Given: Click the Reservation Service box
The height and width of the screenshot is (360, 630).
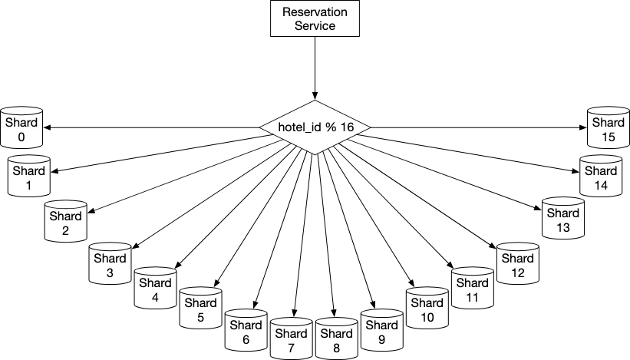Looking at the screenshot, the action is tap(315, 18).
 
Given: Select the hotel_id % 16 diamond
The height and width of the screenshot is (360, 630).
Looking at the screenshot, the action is tap(315, 127).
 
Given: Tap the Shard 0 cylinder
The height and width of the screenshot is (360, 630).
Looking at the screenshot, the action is tap(21, 127).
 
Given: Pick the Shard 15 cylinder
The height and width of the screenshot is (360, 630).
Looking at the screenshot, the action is tap(609, 127).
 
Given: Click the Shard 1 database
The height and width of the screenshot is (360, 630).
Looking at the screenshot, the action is tap(29, 176).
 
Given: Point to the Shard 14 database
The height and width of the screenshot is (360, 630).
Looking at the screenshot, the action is tap(601, 176).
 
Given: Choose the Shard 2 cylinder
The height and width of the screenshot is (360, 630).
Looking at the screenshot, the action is tap(65, 221).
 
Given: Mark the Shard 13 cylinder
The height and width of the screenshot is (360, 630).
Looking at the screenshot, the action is tap(563, 218).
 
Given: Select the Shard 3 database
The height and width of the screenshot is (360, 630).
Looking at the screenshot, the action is tap(110, 263).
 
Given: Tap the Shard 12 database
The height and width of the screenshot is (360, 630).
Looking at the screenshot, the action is tap(517, 263).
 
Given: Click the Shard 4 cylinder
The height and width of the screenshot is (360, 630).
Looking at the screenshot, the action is tap(155, 288).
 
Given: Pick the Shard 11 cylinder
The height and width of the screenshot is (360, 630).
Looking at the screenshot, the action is tap(473, 288).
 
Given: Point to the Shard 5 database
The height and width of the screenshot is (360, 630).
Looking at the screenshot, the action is tap(200, 308).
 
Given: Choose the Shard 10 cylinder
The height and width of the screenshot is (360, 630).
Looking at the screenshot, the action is tap(427, 308).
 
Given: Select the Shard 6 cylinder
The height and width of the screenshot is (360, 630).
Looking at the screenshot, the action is tap(246, 330).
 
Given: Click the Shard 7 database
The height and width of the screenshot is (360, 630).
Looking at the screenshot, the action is tap(292, 339).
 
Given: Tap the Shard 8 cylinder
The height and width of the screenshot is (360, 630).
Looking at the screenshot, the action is tap(336, 339).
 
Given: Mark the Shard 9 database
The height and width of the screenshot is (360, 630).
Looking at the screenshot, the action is tap(381, 330).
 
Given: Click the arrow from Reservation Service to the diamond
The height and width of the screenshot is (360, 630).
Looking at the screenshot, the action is tap(315, 68).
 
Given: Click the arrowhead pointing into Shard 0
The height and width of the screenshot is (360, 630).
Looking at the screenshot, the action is tap(46, 127).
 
